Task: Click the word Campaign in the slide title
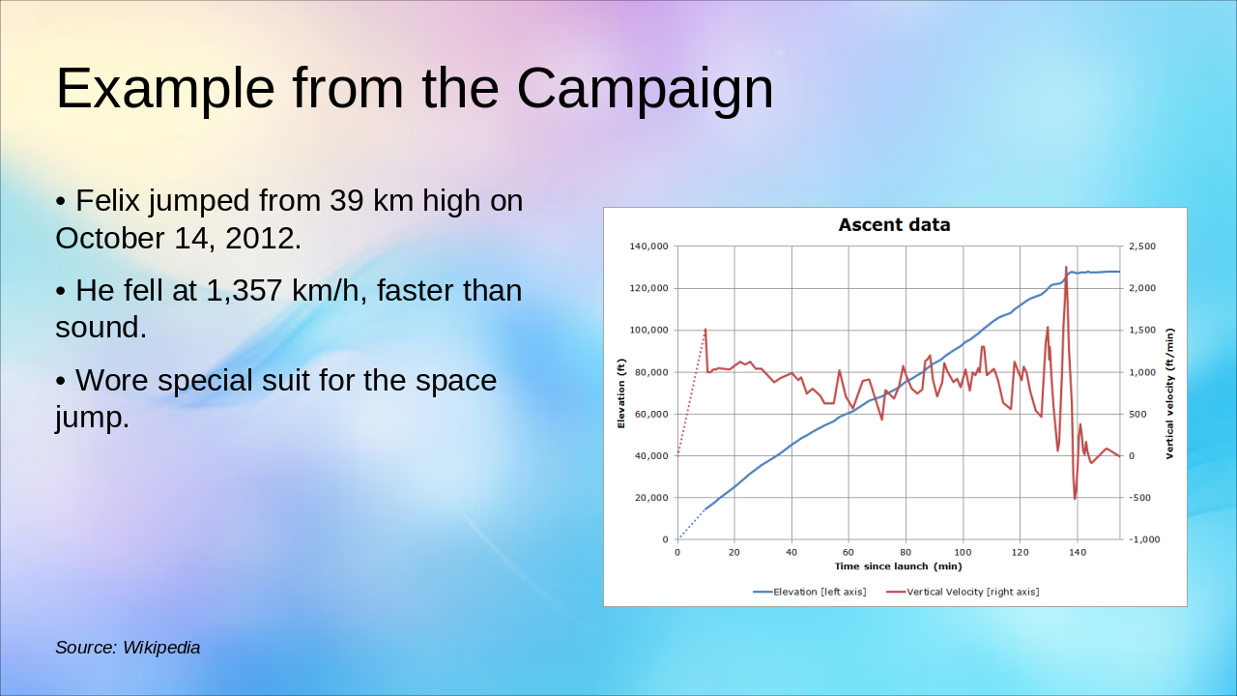pyautogui.click(x=645, y=88)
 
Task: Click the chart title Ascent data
pyautogui.click(x=894, y=225)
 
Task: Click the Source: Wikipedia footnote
pyautogui.click(x=128, y=648)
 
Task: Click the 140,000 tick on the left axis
pyautogui.click(x=648, y=246)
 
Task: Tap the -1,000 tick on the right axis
pyautogui.click(x=1144, y=539)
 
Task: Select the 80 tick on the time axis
pyautogui.click(x=906, y=552)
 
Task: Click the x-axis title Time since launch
pyautogui.click(x=898, y=566)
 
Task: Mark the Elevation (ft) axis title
pyautogui.click(x=622, y=392)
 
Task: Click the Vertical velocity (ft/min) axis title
pyautogui.click(x=1169, y=392)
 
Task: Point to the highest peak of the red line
pyautogui.click(x=1066, y=267)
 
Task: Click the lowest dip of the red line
pyautogui.click(x=1075, y=499)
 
